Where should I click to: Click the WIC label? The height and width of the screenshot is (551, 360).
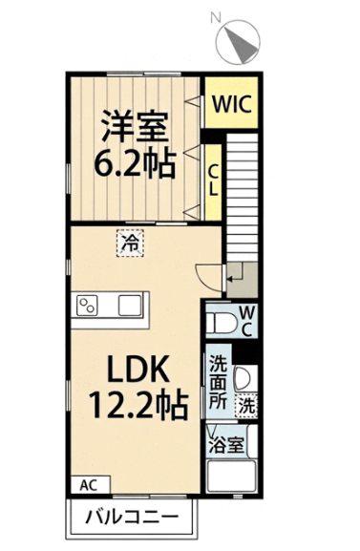[x=232, y=104]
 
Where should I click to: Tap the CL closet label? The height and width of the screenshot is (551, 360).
[x=213, y=180]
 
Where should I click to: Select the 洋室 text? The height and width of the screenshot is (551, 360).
[x=135, y=126]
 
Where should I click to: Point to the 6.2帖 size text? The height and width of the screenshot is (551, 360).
[x=135, y=163]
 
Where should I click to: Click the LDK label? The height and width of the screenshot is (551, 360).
[x=138, y=369]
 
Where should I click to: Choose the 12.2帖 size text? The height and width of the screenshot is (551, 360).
[x=138, y=405]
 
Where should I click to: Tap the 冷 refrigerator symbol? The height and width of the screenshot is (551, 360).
[x=130, y=244]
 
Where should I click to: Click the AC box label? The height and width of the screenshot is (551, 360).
[x=88, y=486]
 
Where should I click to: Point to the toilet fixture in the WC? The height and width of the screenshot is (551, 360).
[x=221, y=324]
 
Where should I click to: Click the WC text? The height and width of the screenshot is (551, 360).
[x=247, y=321]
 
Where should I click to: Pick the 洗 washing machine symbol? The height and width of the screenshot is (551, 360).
[x=246, y=406]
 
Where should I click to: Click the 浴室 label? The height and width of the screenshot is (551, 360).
[x=225, y=446]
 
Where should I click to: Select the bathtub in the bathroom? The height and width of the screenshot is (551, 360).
[x=232, y=477]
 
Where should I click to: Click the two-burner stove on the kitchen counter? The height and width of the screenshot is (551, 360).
[x=87, y=305]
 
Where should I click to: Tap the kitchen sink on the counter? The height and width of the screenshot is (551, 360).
[x=130, y=305]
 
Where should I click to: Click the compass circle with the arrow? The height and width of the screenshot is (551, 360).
[x=239, y=42]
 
